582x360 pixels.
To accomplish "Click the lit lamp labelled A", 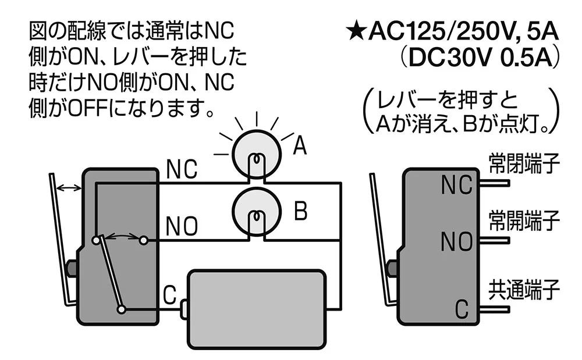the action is (x=257, y=154).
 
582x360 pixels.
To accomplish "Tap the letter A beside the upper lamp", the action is (x=300, y=145).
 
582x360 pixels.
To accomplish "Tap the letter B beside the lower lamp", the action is (x=301, y=211).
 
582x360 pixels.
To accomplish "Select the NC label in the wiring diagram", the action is (x=182, y=169).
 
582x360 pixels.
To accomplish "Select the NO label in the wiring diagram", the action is (x=182, y=226).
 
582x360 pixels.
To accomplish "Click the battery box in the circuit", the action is (x=257, y=309).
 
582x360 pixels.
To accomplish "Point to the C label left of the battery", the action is (x=169, y=295).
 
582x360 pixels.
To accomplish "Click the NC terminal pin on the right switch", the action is (x=494, y=183).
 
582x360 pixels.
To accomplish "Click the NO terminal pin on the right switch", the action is (x=494, y=241).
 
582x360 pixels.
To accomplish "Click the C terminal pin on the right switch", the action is (x=494, y=309).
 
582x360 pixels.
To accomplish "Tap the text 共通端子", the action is (x=524, y=290).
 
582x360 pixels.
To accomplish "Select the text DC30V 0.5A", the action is (x=481, y=58).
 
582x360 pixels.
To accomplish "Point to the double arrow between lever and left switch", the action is (x=69, y=188).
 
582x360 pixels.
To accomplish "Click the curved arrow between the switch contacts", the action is (x=119, y=236).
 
